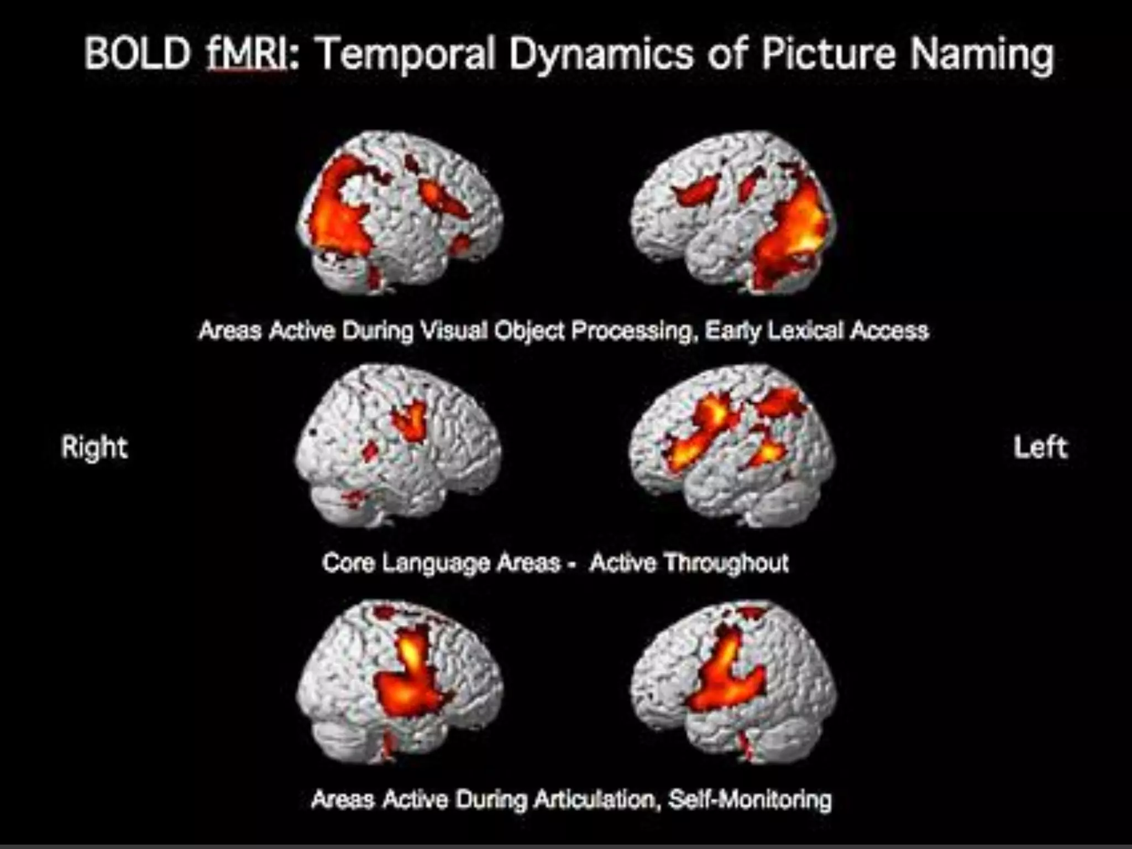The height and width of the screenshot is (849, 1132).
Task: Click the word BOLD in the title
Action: click(x=138, y=54)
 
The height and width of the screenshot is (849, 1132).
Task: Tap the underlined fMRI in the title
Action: click(x=247, y=54)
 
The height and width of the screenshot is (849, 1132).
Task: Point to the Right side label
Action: click(x=95, y=447)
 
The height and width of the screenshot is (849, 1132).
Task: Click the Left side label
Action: click(x=1040, y=447)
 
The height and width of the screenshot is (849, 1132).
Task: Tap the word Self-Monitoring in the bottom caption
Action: click(x=750, y=799)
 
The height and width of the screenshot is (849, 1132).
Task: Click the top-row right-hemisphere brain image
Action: click(x=400, y=213)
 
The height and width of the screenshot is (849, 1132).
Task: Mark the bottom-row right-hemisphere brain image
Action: click(x=400, y=683)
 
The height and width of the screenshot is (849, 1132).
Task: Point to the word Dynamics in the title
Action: click(x=601, y=55)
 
